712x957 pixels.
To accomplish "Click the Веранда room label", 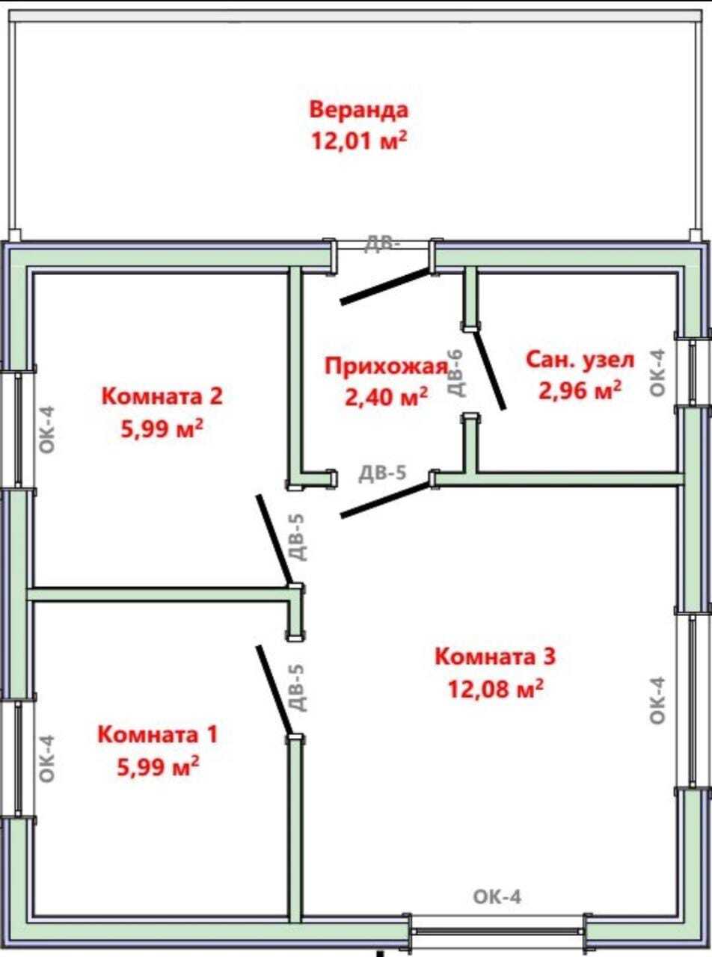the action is tap(359, 110).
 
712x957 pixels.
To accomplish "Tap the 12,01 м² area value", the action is tap(359, 141).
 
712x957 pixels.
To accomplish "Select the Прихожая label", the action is tap(387, 367).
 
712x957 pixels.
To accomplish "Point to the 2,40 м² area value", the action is tap(387, 396).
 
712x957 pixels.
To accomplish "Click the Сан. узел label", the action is tap(580, 360).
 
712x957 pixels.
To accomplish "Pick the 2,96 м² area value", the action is tap(580, 390).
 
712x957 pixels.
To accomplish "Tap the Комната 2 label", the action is tap(162, 396).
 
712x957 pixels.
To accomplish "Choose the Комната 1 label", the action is tap(158, 735).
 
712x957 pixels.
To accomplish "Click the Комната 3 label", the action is tap(495, 656).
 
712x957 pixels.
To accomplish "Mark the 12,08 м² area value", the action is tap(495, 688).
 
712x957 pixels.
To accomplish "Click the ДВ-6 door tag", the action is tap(456, 373).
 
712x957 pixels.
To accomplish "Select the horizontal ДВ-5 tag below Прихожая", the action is tap(383, 473).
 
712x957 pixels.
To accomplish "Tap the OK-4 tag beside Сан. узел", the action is tap(657, 373).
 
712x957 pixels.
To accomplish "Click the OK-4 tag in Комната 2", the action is tap(47, 429).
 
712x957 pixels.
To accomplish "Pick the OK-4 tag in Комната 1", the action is tap(47, 759).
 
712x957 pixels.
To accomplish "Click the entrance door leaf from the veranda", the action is tap(385, 286).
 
